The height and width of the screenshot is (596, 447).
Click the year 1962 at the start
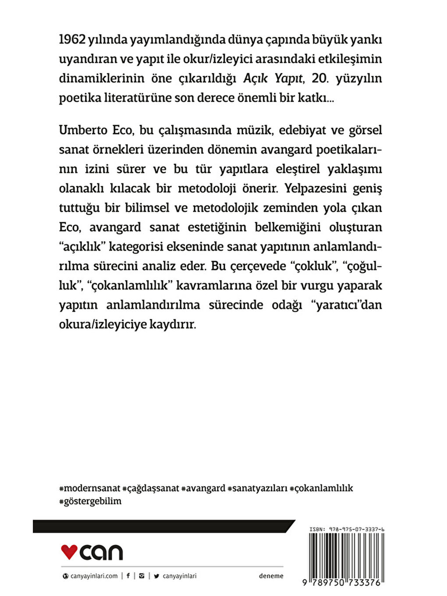click(x=72, y=39)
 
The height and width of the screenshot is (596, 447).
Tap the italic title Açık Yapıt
click(x=273, y=78)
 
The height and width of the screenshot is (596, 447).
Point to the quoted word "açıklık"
click(x=82, y=247)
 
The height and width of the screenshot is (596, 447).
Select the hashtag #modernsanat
click(x=89, y=488)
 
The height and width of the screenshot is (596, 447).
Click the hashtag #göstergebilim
click(x=90, y=501)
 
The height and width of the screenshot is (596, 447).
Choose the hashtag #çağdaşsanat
click(x=151, y=488)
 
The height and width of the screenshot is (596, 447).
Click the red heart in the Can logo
click(x=69, y=551)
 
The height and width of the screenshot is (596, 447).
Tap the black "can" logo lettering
click(x=101, y=552)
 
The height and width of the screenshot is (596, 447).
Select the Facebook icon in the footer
click(x=128, y=576)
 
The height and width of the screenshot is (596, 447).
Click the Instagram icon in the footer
click(x=141, y=576)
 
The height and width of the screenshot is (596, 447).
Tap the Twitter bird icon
click(x=156, y=576)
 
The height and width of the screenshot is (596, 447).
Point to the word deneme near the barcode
click(x=271, y=576)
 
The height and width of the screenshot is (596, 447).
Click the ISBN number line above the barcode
click(x=347, y=529)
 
